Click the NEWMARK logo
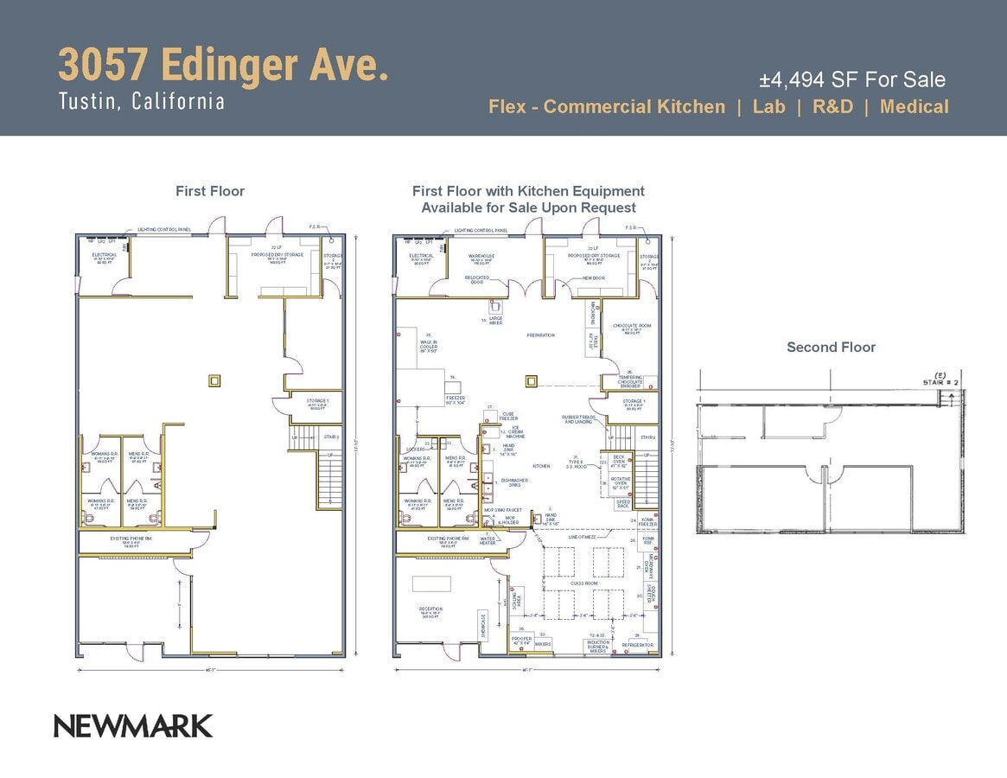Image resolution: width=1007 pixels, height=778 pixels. (x=133, y=725)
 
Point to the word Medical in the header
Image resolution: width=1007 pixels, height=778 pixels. (x=915, y=106)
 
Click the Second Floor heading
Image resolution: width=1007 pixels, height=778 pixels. (x=831, y=347)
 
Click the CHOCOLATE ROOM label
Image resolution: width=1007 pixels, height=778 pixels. (x=632, y=326)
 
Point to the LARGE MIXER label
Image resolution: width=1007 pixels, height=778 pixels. (x=496, y=320)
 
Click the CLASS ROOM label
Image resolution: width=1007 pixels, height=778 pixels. (x=583, y=583)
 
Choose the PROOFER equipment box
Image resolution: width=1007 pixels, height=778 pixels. (x=521, y=641)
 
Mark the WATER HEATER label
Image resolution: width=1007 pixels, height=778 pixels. (x=488, y=541)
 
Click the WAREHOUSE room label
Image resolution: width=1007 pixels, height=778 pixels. (x=481, y=258)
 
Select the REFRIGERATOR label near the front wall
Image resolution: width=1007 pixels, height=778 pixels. (x=637, y=645)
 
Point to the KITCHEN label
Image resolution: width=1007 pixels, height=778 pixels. (x=541, y=466)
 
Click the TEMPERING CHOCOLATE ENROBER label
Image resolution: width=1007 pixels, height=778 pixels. (x=629, y=381)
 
